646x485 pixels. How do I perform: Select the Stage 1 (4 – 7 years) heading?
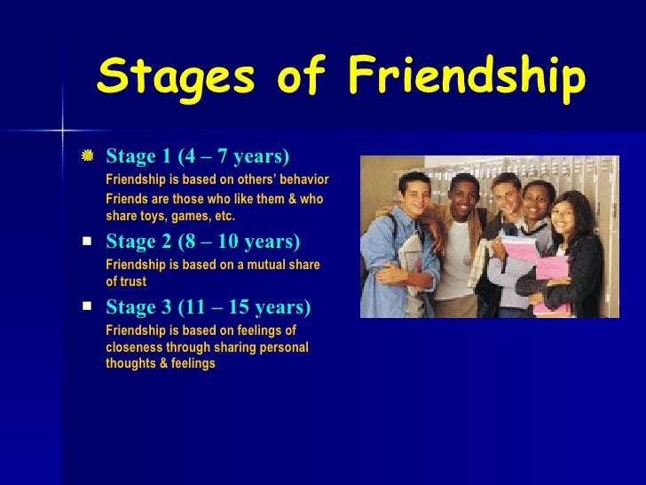(197, 157)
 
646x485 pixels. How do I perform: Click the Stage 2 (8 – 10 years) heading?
(202, 242)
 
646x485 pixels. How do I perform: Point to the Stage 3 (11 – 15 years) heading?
(208, 307)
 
